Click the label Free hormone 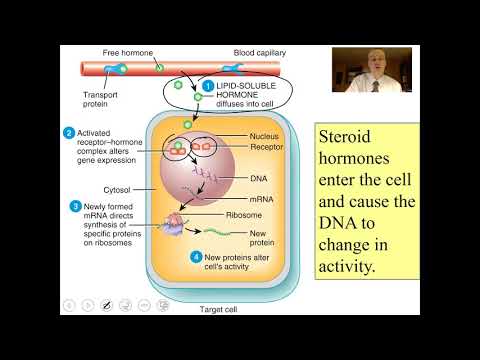pos(127,51)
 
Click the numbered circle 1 pos(208,87)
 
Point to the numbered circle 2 pos(69,133)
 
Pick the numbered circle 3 pos(75,206)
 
